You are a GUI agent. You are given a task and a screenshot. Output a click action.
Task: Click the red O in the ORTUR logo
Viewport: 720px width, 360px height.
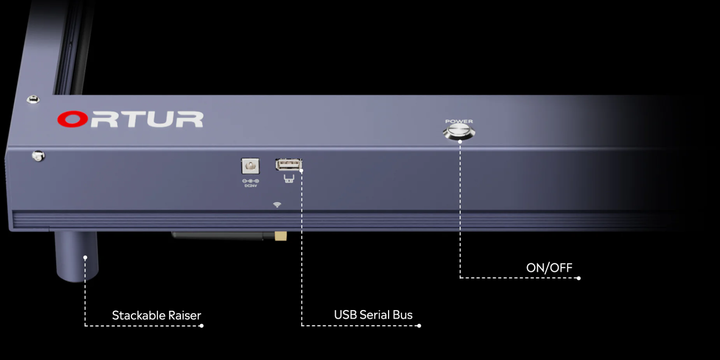pyautogui.click(x=72, y=119)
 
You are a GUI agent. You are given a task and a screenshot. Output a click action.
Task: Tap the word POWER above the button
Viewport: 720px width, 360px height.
pyautogui.click(x=459, y=121)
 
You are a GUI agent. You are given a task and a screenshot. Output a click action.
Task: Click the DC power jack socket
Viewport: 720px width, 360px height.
pyautogui.click(x=250, y=166)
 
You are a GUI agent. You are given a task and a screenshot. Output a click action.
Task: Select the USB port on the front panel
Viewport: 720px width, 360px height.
pyautogui.click(x=288, y=164)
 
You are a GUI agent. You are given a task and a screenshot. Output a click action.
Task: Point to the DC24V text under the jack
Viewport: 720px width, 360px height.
pyautogui.click(x=251, y=186)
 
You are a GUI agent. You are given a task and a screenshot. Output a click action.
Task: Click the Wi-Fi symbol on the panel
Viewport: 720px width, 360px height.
pyautogui.click(x=277, y=205)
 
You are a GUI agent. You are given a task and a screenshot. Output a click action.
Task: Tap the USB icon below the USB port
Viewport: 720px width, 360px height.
pyautogui.click(x=289, y=178)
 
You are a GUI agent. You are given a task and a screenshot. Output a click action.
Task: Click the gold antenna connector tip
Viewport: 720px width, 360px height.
pyautogui.click(x=280, y=236)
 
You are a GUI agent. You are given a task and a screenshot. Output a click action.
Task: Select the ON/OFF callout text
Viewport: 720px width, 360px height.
pyautogui.click(x=549, y=268)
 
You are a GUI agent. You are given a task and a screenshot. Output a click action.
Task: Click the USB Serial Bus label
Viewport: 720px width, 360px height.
pyautogui.click(x=373, y=315)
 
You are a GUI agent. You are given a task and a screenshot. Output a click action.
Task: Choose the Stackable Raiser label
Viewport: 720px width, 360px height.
pyautogui.click(x=156, y=316)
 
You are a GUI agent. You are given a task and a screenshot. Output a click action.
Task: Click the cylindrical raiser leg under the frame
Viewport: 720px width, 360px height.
pyautogui.click(x=76, y=256)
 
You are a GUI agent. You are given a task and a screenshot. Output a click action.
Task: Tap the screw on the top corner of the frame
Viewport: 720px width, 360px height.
pyautogui.click(x=33, y=99)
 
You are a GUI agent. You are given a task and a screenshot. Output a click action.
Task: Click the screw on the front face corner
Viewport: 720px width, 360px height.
pyautogui.click(x=38, y=156)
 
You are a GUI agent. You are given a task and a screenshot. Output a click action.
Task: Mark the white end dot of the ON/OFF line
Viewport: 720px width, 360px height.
pyautogui.click(x=578, y=278)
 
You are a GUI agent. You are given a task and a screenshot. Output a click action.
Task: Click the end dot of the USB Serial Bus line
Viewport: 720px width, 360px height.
pyautogui.click(x=419, y=326)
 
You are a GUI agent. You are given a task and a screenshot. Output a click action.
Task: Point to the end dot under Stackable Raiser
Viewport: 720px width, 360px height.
pyautogui.click(x=201, y=326)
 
